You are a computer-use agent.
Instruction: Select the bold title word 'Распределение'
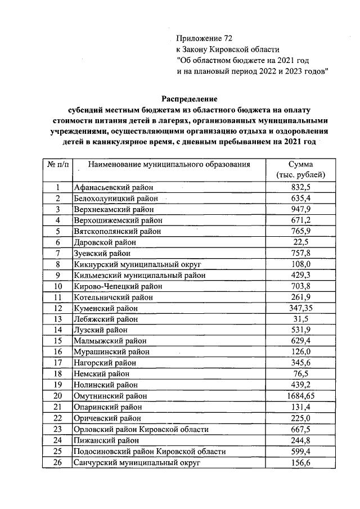(190, 98)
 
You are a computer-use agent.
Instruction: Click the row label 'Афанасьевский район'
(114, 187)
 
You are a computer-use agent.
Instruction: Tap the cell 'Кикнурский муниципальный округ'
(137, 264)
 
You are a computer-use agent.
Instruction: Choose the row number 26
(57, 462)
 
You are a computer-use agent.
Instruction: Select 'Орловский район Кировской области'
(141, 429)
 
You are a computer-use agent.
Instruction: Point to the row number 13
(57, 319)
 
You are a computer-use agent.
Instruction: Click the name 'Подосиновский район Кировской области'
(150, 452)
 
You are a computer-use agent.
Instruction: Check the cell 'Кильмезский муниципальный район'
(139, 276)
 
